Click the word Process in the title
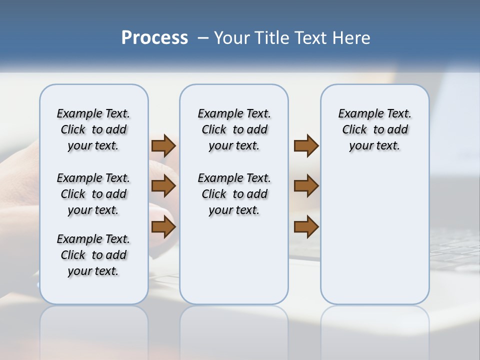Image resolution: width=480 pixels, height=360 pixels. [154, 38]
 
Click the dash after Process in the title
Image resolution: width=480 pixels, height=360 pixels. [202, 38]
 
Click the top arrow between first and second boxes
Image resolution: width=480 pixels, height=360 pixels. [163, 146]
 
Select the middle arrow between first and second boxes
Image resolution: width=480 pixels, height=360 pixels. [163, 186]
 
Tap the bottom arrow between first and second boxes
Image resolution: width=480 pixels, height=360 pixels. [163, 226]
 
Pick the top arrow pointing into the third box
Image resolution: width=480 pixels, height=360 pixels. [306, 146]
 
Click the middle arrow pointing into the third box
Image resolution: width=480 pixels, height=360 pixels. [306, 186]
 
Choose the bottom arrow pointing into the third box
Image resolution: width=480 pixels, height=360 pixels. [306, 226]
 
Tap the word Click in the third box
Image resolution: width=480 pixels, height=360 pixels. [354, 130]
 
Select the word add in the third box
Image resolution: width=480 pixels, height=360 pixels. [398, 130]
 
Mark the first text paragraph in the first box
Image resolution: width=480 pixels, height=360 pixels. [93, 130]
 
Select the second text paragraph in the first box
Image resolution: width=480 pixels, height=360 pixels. [93, 194]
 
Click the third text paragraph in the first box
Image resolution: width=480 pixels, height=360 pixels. [93, 255]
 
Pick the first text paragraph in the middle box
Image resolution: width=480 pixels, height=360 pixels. [234, 130]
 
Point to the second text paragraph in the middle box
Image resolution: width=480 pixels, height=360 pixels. [234, 194]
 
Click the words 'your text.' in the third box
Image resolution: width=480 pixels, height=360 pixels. [374, 146]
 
